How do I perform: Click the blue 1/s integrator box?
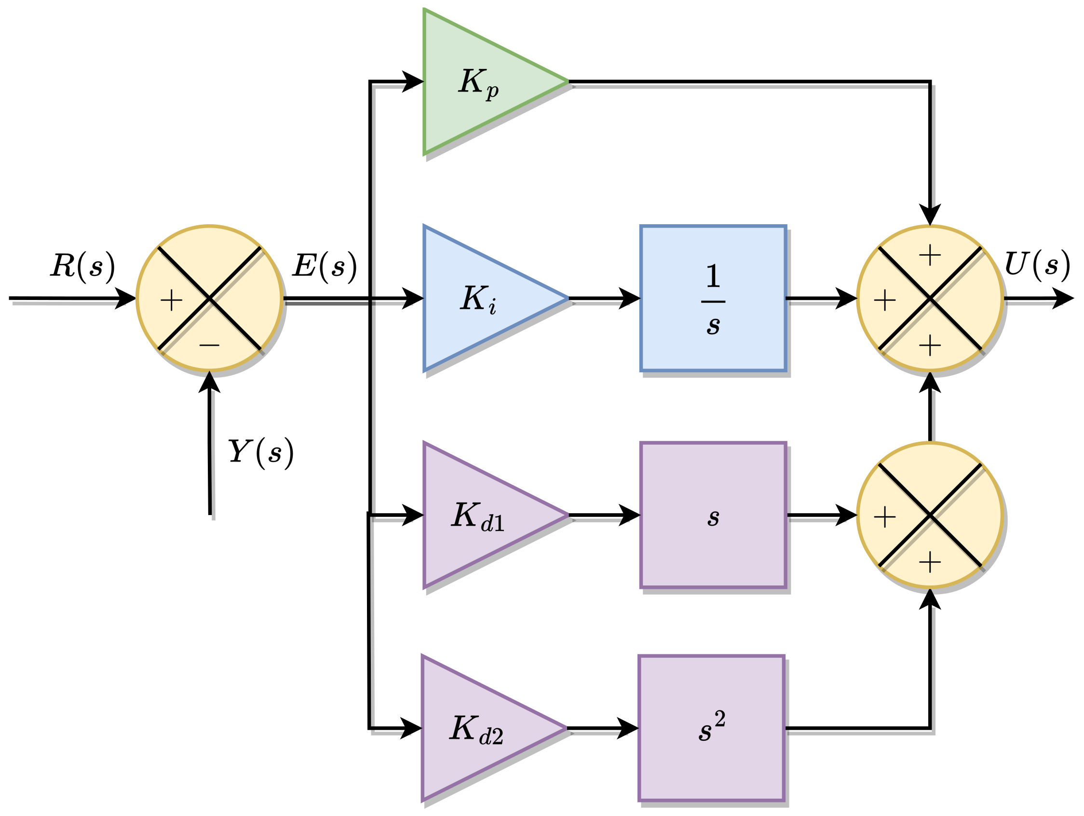tap(713, 299)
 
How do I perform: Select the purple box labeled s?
tap(713, 516)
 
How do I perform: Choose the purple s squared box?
tap(712, 729)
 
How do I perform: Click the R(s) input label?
tap(82, 266)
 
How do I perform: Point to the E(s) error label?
tap(325, 266)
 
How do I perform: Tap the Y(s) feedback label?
tap(260, 452)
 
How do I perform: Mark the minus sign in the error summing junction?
tap(209, 345)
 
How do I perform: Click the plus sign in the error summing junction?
tap(172, 300)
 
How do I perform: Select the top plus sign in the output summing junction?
tap(930, 255)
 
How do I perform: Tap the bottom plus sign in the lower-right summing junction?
tap(930, 563)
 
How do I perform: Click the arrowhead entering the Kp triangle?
tap(413, 82)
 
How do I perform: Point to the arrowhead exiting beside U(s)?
tap(1062, 299)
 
